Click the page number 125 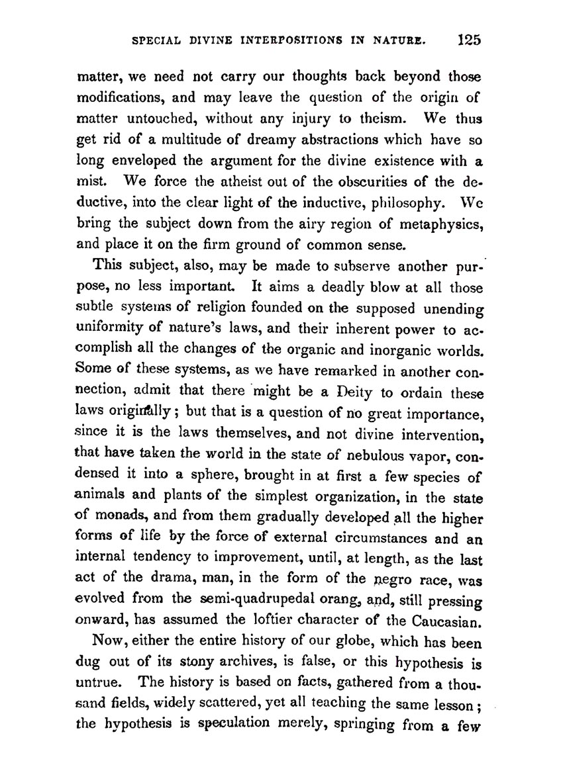click(469, 39)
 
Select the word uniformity click(113, 328)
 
